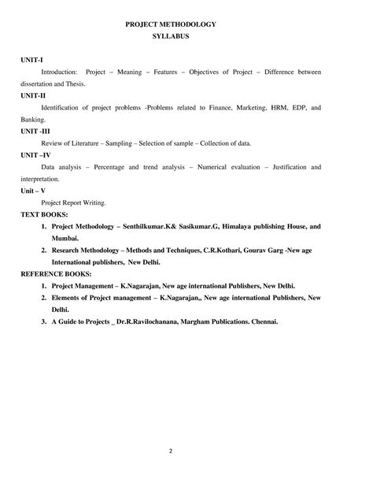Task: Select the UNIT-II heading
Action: pyautogui.click(x=33, y=94)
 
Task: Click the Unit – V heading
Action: pyautogui.click(x=33, y=190)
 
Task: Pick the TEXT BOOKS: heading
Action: pyautogui.click(x=44, y=214)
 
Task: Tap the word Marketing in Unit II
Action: pyautogui.click(x=241, y=106)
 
